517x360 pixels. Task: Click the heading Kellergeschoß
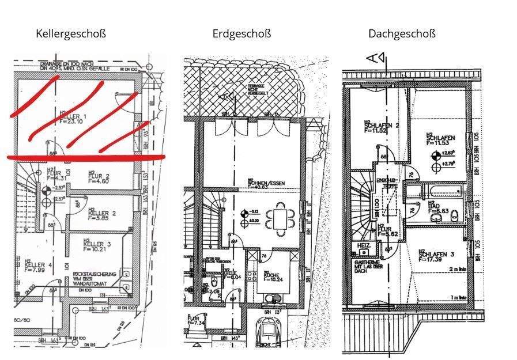[71, 33]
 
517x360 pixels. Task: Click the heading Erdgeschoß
[241, 33]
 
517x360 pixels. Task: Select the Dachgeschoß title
[402, 33]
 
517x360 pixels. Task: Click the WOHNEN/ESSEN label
[266, 183]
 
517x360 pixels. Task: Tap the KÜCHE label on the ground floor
[271, 275]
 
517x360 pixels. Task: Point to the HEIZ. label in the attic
[364, 245]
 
